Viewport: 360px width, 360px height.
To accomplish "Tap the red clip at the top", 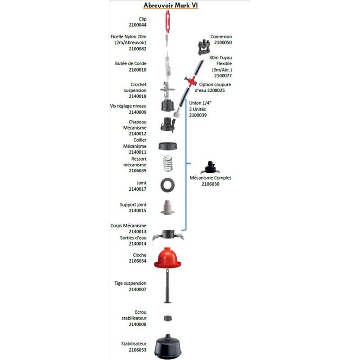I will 168,21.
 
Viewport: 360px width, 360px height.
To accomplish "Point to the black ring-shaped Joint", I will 168,184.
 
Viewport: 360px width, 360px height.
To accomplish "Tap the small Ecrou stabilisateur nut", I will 168,318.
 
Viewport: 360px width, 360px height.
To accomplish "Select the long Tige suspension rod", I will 168,288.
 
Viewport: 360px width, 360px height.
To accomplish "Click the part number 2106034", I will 138,261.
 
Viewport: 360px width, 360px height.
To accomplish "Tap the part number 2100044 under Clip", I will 138,25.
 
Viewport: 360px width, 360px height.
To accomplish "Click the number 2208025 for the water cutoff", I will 212,90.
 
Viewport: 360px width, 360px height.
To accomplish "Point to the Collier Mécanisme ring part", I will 168,146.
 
